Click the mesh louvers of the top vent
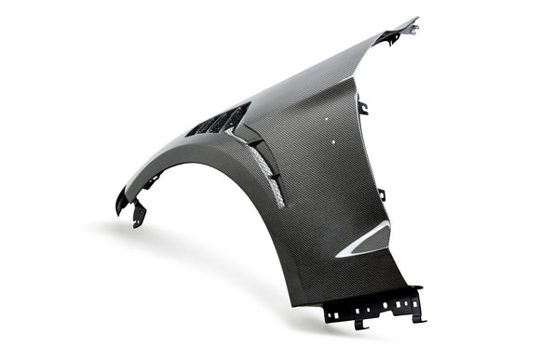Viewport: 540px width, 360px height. [219, 121]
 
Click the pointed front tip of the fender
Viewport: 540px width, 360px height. [120, 200]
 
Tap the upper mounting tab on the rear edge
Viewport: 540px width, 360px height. [363, 108]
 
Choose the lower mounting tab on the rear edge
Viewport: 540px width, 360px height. [381, 194]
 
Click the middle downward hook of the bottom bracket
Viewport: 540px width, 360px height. [358, 323]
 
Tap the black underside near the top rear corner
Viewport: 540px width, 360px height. [389, 37]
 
